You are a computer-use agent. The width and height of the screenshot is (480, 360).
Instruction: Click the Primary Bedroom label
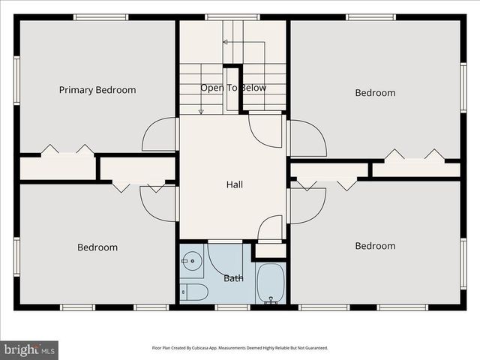pyautogui.click(x=97, y=90)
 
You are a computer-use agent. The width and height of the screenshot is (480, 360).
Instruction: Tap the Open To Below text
pyautogui.click(x=232, y=88)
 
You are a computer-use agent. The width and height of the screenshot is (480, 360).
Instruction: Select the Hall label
pyautogui.click(x=234, y=184)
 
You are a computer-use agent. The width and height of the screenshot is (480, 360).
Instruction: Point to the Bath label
pyautogui.click(x=233, y=278)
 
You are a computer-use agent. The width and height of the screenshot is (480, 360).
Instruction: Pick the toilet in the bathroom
pyautogui.click(x=193, y=292)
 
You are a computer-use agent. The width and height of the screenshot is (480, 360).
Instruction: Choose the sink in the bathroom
pyautogui.click(x=192, y=262)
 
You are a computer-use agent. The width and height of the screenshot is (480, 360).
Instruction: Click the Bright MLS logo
pyautogui.click(x=29, y=349)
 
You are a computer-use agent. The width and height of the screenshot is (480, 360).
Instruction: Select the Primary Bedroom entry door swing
pyautogui.click(x=160, y=135)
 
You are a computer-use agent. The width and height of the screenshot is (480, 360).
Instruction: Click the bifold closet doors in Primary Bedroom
pyautogui.click(x=67, y=150)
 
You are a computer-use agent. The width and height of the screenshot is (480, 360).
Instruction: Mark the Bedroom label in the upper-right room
pyautogui.click(x=375, y=93)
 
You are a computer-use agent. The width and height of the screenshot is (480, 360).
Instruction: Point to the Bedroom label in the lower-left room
pyautogui.click(x=97, y=247)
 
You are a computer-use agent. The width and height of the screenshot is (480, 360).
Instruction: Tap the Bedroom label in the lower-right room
pyautogui.click(x=375, y=246)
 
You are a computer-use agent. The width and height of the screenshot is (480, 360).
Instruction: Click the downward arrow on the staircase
pyautogui.click(x=201, y=111)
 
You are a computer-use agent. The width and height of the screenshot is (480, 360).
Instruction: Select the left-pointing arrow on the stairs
pyautogui.click(x=226, y=42)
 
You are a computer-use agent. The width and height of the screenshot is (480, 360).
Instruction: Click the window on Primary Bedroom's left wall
pyautogui.click(x=16, y=80)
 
